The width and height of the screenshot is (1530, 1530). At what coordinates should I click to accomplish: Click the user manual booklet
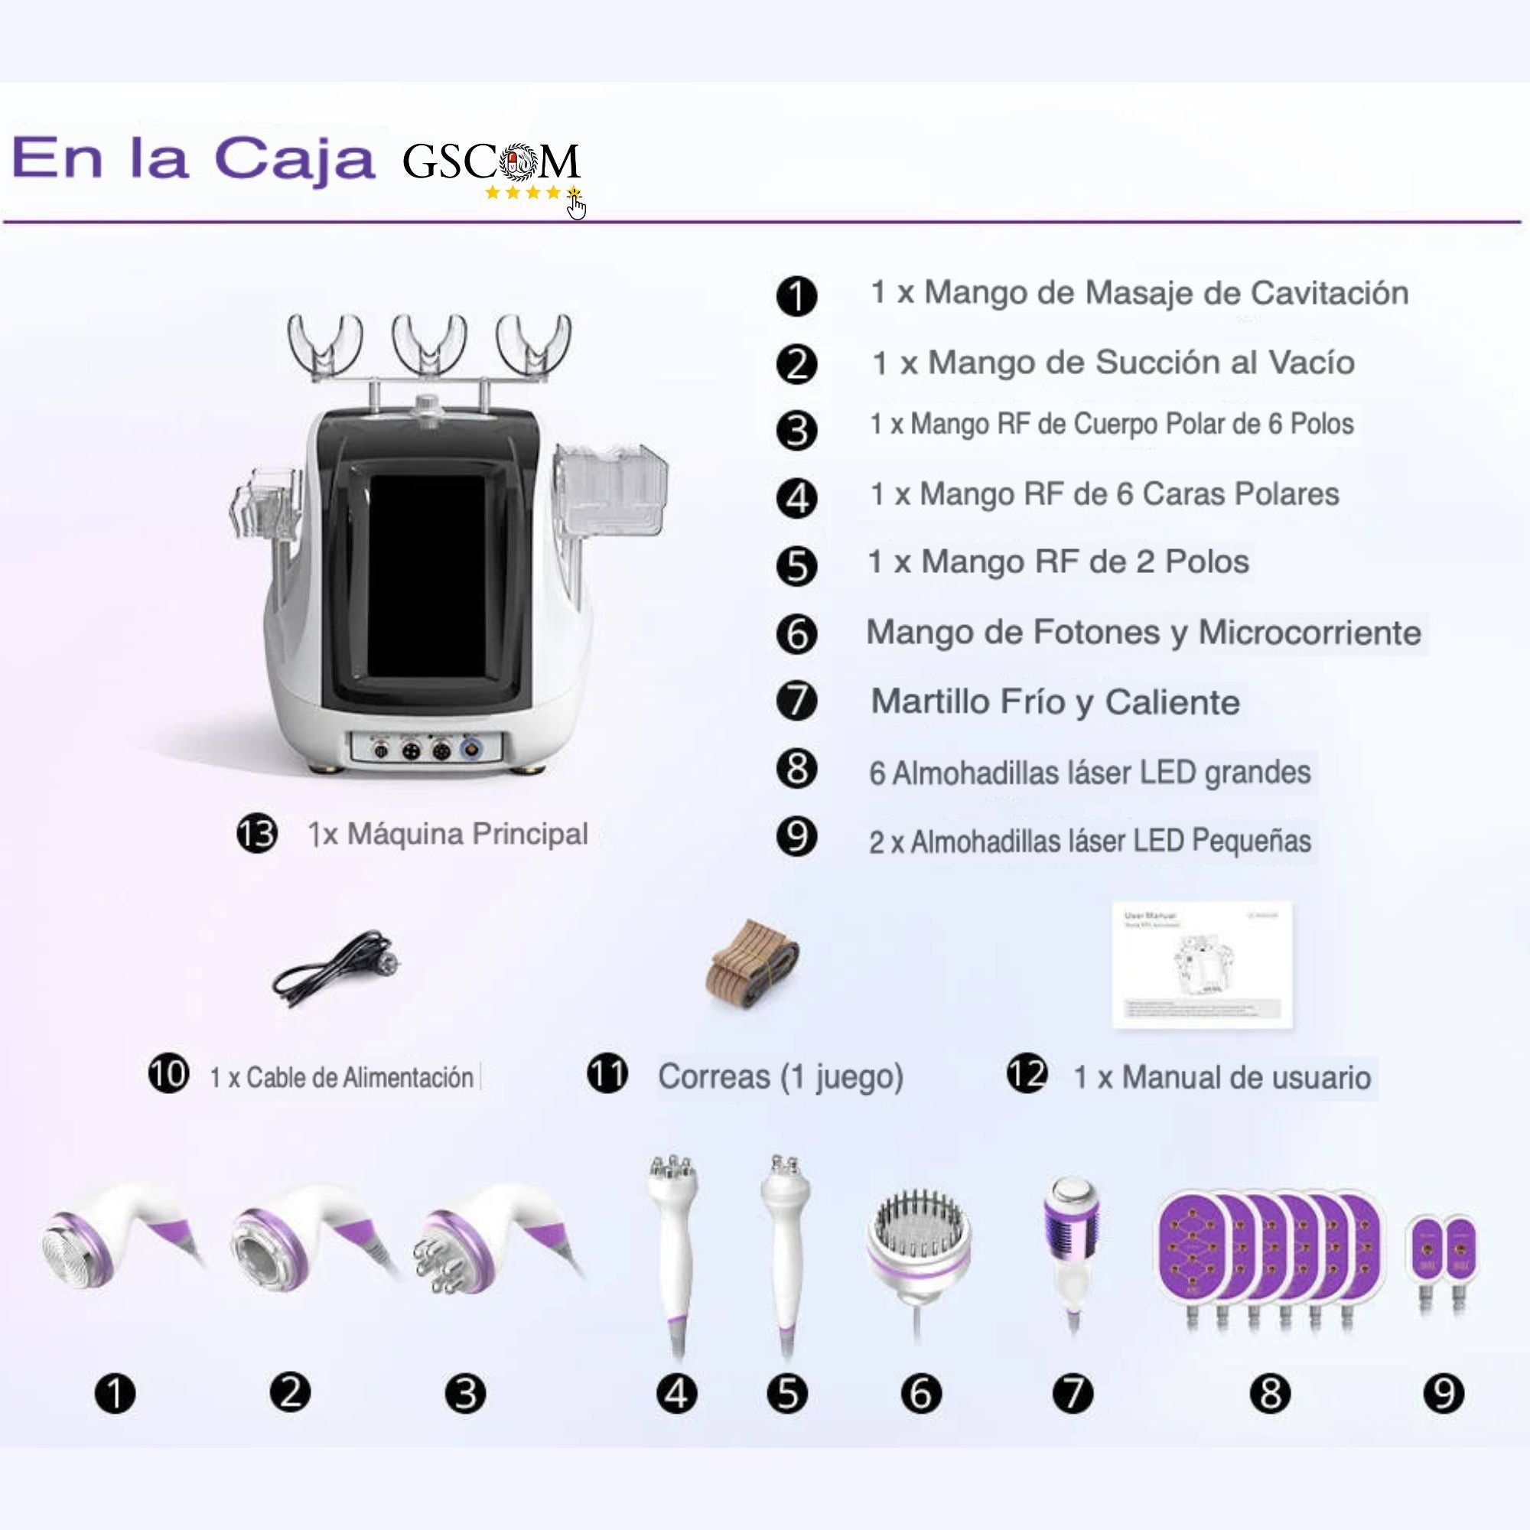click(1202, 964)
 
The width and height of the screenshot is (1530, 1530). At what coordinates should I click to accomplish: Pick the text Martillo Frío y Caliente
click(1055, 702)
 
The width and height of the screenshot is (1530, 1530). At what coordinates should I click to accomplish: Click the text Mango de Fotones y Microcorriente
click(1144, 633)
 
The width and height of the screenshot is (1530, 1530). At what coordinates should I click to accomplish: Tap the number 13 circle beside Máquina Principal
click(257, 834)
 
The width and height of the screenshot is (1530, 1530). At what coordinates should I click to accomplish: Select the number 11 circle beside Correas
click(607, 1076)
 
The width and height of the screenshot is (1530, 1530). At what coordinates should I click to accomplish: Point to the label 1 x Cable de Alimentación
click(341, 1077)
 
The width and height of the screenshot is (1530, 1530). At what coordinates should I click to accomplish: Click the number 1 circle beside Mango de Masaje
click(796, 297)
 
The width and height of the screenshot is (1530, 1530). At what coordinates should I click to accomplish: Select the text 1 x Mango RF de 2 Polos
click(1058, 562)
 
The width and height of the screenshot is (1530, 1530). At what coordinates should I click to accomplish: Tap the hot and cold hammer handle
click(1074, 1252)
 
